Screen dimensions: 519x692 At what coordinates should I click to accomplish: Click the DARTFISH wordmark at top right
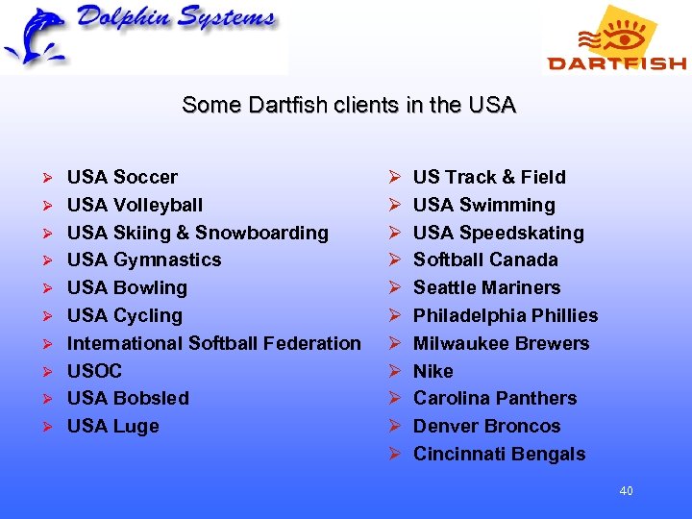pyautogui.click(x=616, y=63)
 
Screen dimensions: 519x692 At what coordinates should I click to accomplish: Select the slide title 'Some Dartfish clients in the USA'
pyautogui.click(x=349, y=105)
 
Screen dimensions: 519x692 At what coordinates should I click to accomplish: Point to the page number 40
pyautogui.click(x=626, y=491)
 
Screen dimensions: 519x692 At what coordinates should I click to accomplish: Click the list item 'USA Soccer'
pyautogui.click(x=122, y=177)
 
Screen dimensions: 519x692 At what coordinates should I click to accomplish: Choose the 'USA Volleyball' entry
pyautogui.click(x=135, y=205)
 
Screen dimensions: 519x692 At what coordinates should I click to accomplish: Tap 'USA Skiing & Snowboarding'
pyautogui.click(x=197, y=233)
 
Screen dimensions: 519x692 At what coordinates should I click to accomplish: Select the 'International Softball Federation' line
pyautogui.click(x=213, y=343)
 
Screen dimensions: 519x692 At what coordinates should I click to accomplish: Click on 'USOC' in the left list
pyautogui.click(x=94, y=371)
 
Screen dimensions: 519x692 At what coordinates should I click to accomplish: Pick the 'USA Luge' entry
pyautogui.click(x=112, y=426)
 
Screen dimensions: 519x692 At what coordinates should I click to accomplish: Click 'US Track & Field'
pyautogui.click(x=489, y=177)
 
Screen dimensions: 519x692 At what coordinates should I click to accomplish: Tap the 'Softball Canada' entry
pyautogui.click(x=485, y=259)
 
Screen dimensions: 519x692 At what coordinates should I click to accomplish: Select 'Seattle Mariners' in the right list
pyautogui.click(x=486, y=287)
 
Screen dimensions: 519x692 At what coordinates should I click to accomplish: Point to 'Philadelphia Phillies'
pyautogui.click(x=505, y=315)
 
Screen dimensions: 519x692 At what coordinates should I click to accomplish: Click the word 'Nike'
pyautogui.click(x=432, y=371)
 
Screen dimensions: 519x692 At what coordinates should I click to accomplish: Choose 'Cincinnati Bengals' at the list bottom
pyautogui.click(x=499, y=454)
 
